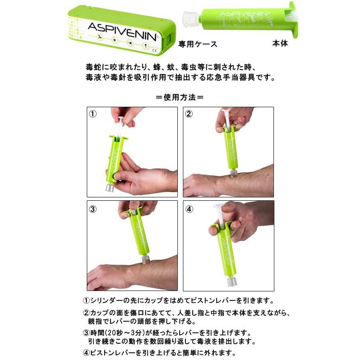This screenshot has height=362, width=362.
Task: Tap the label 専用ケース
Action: pos(198,43)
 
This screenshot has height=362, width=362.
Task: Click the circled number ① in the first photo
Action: pos(93,114)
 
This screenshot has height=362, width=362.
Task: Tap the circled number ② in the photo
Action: pos(189,114)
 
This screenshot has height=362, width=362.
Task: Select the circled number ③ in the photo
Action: pos(93,208)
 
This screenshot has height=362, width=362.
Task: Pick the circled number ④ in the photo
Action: pos(189,208)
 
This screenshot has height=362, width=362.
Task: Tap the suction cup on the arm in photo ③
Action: pos(145,260)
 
